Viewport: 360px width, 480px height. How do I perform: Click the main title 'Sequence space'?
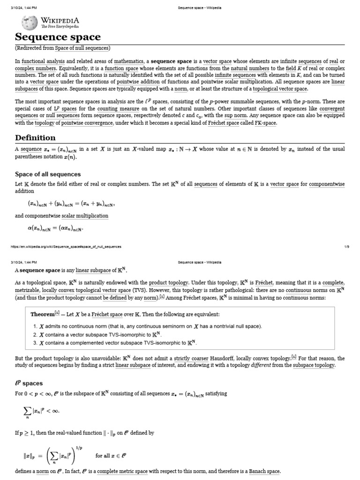click(x=58, y=37)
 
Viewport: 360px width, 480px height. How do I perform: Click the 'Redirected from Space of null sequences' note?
click(x=62, y=48)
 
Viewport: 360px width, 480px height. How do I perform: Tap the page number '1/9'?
click(x=346, y=247)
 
